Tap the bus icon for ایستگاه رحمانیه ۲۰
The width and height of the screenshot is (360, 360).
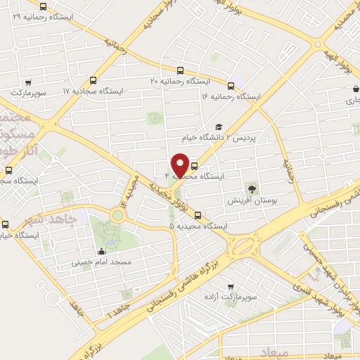(181, 71)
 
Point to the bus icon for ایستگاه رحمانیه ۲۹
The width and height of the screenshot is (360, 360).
(44, 7)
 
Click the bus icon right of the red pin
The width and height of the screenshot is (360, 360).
(194, 167)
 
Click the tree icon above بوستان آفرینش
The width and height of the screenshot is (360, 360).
(251, 188)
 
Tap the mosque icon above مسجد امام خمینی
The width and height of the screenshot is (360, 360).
(103, 251)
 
